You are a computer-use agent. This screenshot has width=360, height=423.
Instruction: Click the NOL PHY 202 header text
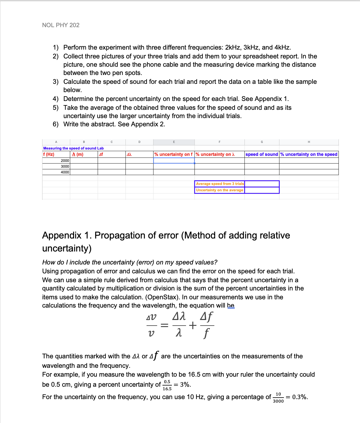(x=61, y=25)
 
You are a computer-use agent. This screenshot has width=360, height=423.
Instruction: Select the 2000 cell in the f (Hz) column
(x=65, y=161)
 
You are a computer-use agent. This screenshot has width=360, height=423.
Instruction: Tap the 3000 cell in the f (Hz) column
(x=65, y=166)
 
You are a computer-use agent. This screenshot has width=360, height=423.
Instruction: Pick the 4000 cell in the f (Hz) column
(x=65, y=172)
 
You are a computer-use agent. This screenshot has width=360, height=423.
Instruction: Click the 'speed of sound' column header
(x=262, y=154)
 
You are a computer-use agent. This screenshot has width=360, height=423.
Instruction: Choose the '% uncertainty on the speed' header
(x=309, y=154)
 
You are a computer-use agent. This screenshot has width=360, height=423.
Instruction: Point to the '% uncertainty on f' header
(x=173, y=154)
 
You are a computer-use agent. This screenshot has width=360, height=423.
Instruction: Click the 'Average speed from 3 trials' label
(x=220, y=184)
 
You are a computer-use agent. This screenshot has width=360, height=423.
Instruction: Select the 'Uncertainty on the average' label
(x=219, y=190)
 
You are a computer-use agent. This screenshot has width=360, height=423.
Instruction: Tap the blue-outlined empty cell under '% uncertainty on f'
(x=174, y=161)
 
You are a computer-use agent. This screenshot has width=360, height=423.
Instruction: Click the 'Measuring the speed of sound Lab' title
(x=73, y=148)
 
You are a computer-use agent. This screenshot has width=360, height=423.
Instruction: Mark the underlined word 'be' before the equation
(x=231, y=306)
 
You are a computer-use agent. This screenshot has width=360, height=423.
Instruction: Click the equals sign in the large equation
(x=164, y=326)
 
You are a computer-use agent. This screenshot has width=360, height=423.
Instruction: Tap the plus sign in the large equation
(x=193, y=326)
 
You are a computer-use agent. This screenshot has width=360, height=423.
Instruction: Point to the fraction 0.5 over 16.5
(x=167, y=385)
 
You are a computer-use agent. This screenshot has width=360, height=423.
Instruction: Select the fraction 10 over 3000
(x=278, y=398)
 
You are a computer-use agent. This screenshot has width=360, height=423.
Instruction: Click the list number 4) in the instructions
(x=56, y=99)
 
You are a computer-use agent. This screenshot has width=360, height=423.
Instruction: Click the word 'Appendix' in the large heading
(x=62, y=235)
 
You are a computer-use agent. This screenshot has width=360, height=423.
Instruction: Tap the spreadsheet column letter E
(x=174, y=142)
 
